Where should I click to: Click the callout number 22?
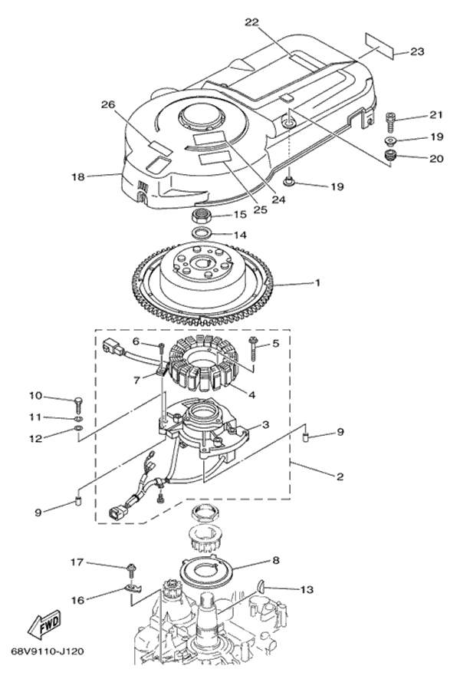[252, 22]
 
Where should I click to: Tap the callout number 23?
[417, 51]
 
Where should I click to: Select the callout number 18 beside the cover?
[78, 176]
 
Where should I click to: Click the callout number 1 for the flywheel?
[316, 283]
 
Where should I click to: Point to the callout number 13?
[306, 590]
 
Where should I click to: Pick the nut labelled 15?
[201, 215]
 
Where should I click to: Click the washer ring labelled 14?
[201, 233]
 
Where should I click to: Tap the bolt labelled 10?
[78, 401]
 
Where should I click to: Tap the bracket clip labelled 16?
[133, 589]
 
